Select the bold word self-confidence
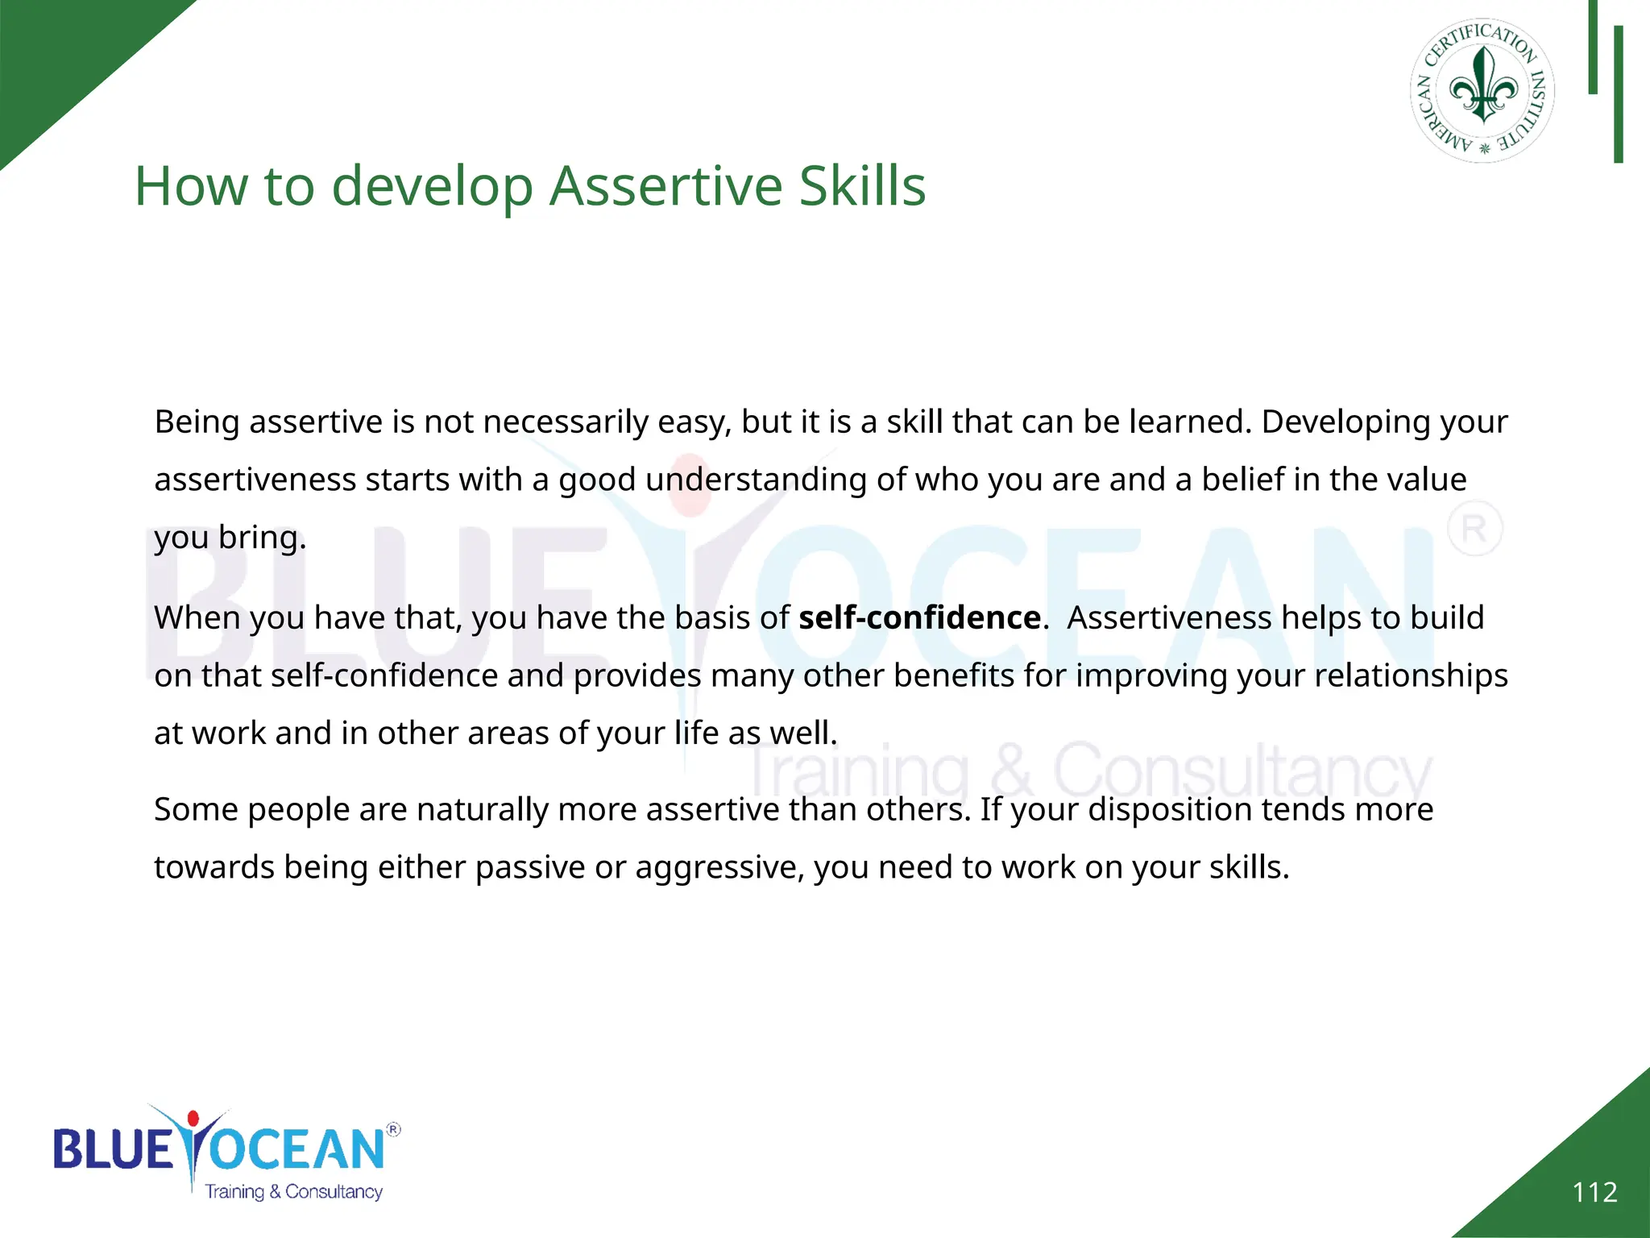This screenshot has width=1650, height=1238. tap(919, 618)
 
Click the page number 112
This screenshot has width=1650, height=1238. tap(1594, 1192)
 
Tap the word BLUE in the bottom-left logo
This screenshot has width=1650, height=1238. tap(113, 1149)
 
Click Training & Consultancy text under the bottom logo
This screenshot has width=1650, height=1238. tap(293, 1191)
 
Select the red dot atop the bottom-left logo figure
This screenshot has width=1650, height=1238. tap(193, 1119)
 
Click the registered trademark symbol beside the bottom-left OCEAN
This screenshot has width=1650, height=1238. tap(393, 1129)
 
